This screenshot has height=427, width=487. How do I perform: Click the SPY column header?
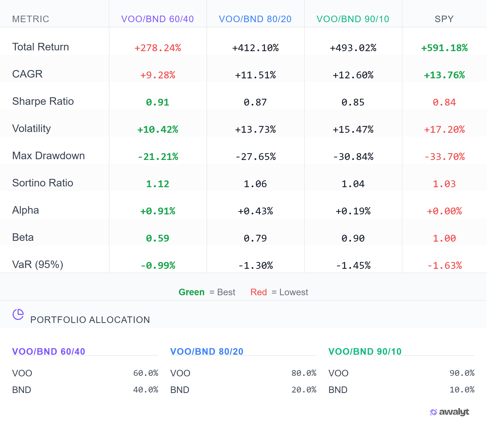point(444,19)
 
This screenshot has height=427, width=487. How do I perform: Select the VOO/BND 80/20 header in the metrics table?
point(255,19)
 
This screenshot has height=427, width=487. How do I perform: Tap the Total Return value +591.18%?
point(444,48)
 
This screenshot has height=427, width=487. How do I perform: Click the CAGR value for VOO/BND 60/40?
point(158,75)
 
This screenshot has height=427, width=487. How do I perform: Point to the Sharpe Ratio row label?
point(43,101)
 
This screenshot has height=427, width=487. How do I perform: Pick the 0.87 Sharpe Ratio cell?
point(255,102)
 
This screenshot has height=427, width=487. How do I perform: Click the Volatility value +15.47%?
point(353,129)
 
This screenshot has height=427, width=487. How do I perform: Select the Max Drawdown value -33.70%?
point(444,157)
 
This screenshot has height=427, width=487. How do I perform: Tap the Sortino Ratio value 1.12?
point(158,184)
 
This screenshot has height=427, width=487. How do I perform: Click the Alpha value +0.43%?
point(255,211)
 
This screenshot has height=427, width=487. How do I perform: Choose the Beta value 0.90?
point(353,238)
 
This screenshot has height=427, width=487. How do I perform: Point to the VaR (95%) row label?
point(38,265)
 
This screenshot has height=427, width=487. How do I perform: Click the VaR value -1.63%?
point(444,266)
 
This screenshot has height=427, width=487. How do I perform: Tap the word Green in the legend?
point(191,292)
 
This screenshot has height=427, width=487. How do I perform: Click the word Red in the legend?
point(258,292)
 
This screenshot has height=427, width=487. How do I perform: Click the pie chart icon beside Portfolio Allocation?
point(18,314)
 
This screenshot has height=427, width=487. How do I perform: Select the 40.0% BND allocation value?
point(145,390)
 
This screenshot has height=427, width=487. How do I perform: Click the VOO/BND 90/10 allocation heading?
point(365,351)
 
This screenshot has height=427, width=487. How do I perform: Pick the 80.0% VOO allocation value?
point(304,373)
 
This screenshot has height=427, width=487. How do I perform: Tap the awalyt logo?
point(449,412)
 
